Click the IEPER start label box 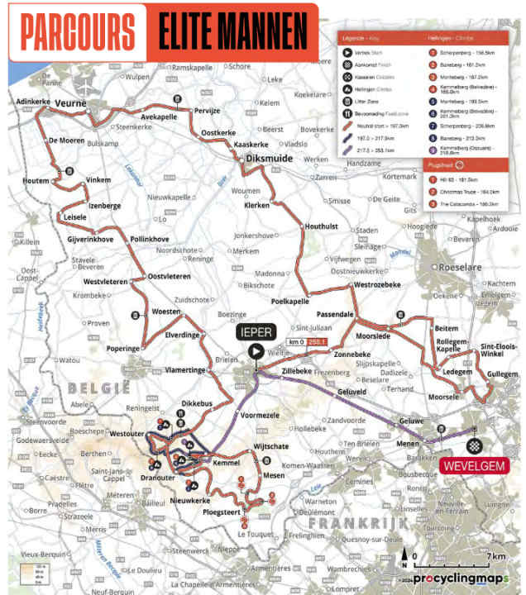coord(256,331)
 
